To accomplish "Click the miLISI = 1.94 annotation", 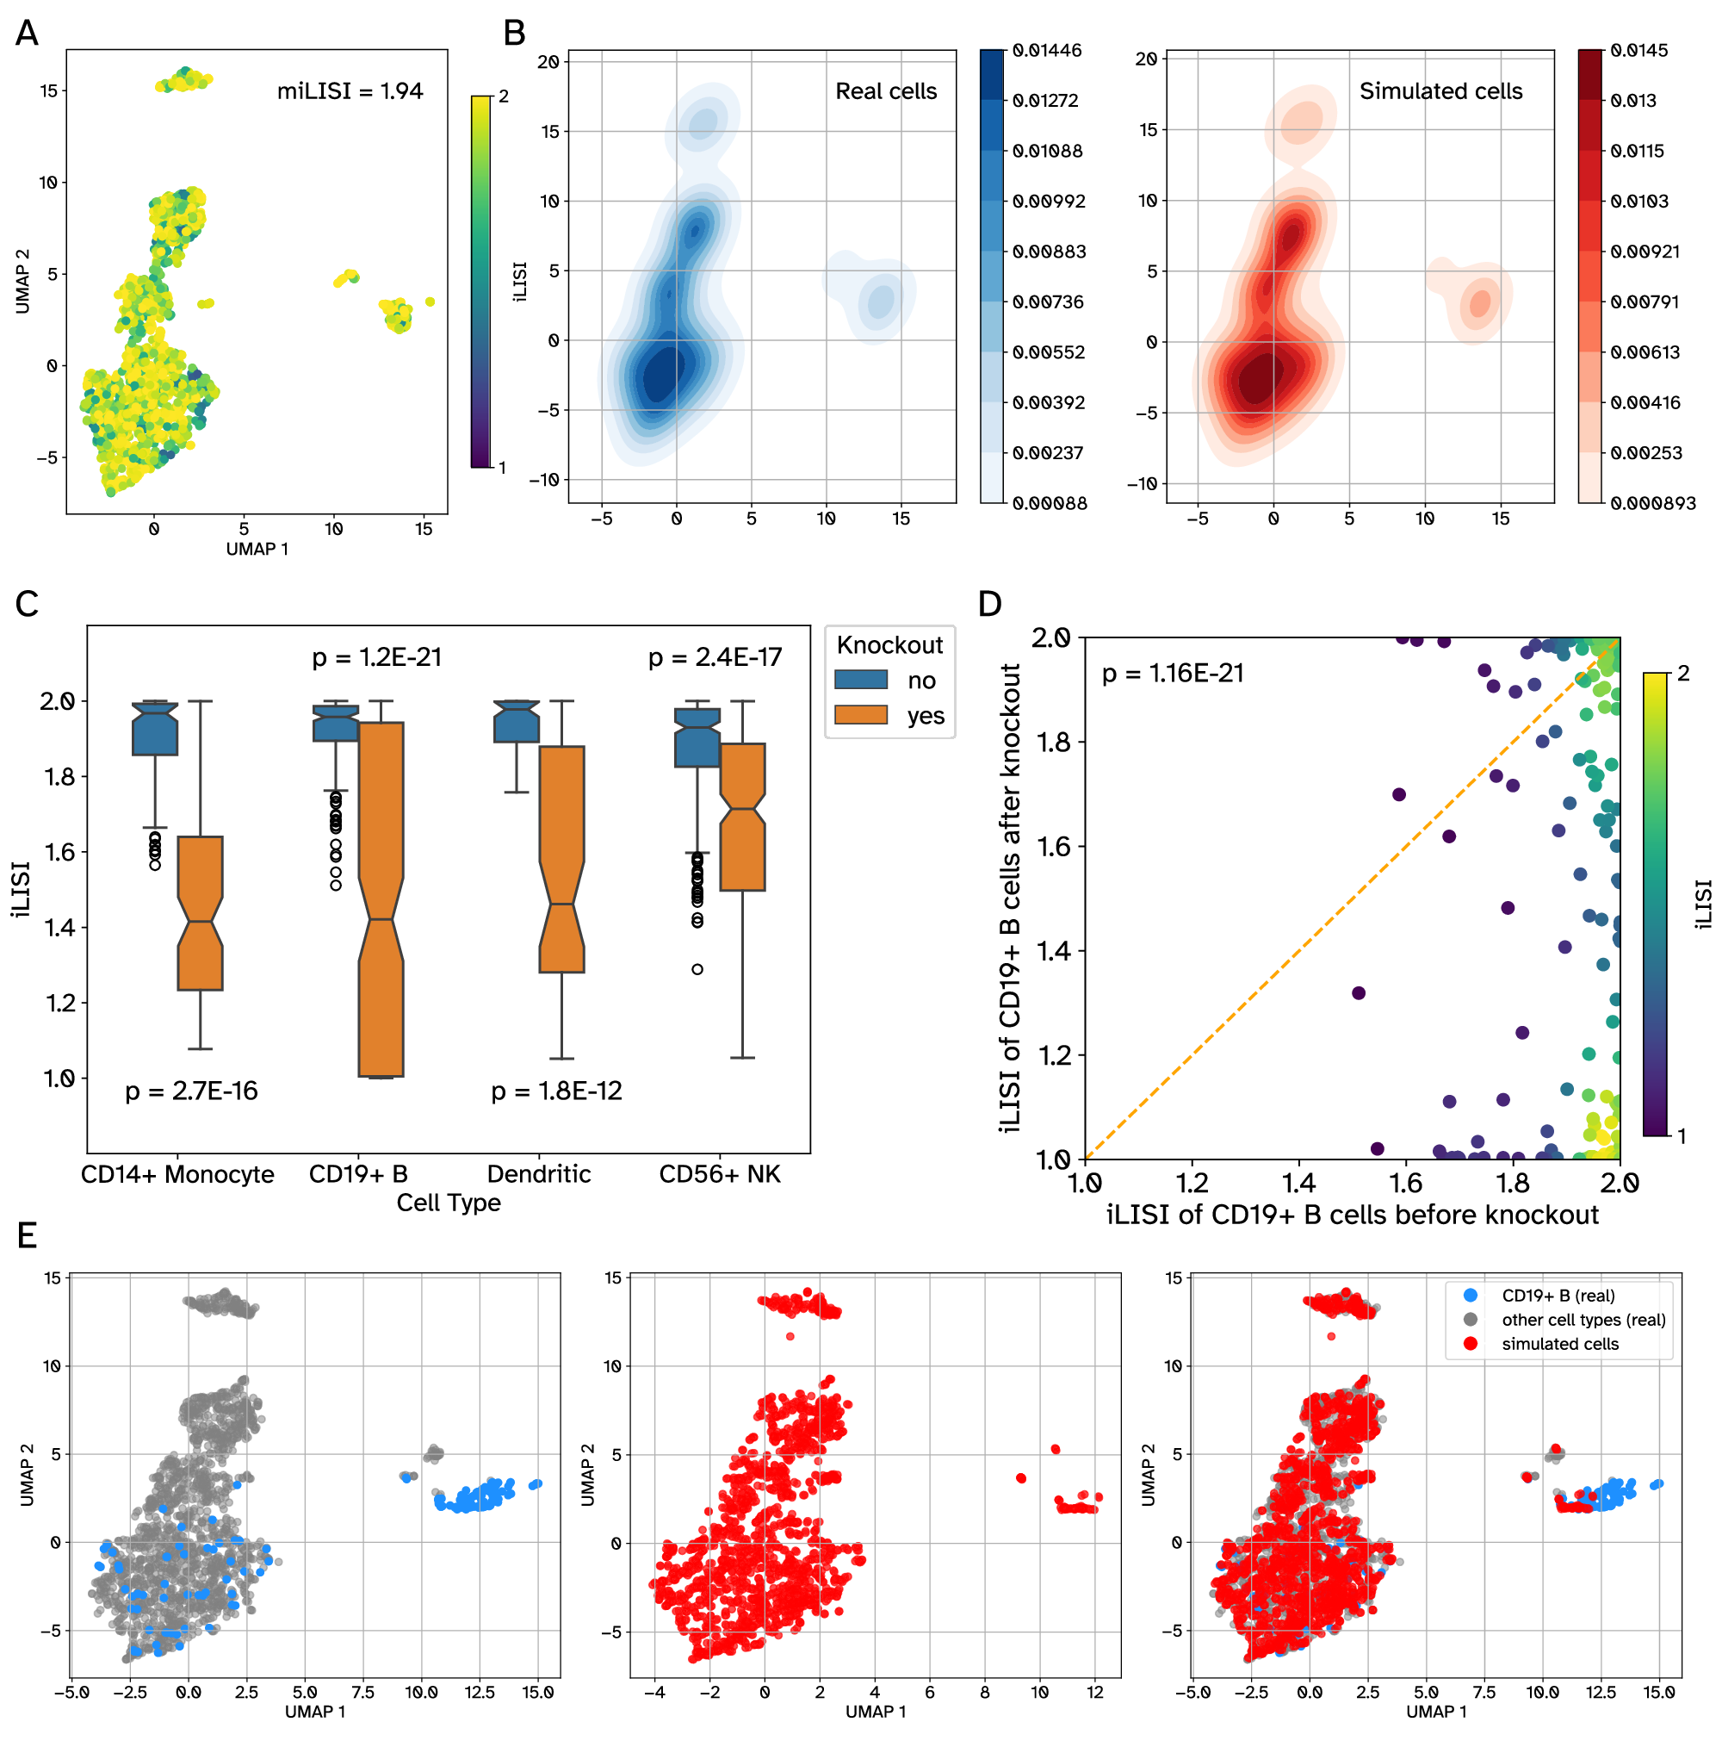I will click(350, 91).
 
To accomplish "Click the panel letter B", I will click(513, 34).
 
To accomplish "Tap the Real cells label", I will click(885, 91).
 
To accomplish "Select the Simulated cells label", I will click(1440, 91).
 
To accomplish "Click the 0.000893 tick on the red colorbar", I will click(1651, 504).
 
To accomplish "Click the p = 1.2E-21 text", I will click(377, 657).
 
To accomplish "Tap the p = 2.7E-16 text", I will click(192, 1091).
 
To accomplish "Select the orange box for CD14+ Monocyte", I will click(200, 913).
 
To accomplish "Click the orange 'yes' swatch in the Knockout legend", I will click(860, 715).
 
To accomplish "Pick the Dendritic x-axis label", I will click(539, 1175).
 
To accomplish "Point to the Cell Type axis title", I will click(449, 1203).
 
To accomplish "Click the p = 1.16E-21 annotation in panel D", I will click(1173, 674).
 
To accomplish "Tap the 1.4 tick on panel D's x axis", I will click(1299, 1183).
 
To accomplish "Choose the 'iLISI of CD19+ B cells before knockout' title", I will click(1353, 1215).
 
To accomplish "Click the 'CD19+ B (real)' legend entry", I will click(1558, 1296).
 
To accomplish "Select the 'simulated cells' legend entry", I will click(1559, 1344).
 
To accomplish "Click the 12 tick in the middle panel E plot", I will click(1094, 1692).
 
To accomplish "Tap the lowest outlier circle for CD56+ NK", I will click(697, 969).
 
